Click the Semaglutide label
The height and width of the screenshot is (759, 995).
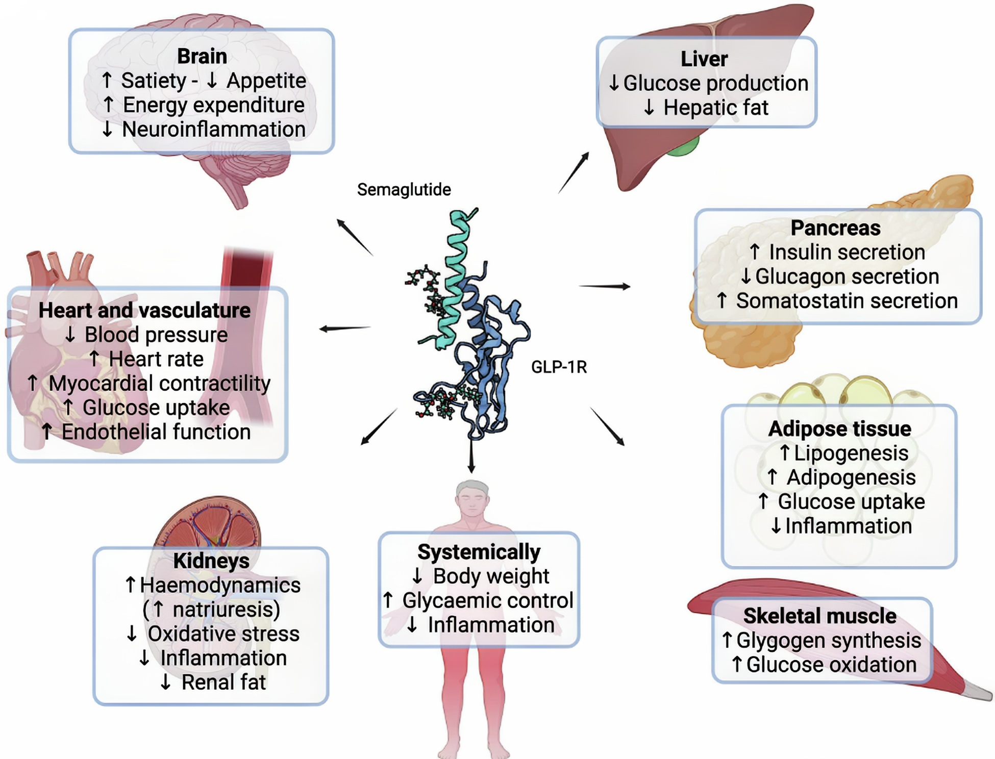(404, 190)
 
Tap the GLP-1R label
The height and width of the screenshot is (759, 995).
(559, 367)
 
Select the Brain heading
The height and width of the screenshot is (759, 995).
(202, 56)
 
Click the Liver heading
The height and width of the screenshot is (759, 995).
(704, 59)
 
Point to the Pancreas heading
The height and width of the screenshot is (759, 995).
(835, 228)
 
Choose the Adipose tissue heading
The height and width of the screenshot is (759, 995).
(839, 428)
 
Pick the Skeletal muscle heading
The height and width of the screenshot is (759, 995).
(819, 616)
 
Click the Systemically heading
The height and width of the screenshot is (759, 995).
(479, 552)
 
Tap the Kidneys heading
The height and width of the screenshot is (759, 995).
(211, 561)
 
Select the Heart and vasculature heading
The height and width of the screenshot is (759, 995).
(144, 310)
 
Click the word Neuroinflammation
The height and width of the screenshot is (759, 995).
(214, 130)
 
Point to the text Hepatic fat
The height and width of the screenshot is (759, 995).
(715, 108)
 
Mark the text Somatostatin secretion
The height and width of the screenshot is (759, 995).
(847, 301)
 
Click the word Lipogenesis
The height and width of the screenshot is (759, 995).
(851, 453)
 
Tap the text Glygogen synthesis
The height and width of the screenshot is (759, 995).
(828, 640)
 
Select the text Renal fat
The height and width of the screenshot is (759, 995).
(223, 682)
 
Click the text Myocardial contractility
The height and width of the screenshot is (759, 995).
(159, 384)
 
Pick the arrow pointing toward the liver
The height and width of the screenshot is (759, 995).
(574, 172)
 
